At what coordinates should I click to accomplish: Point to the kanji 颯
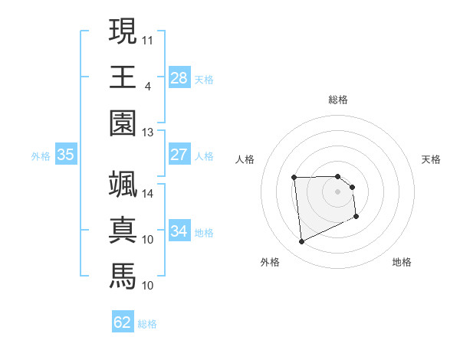[123, 184]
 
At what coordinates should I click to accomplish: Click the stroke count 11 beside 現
[148, 38]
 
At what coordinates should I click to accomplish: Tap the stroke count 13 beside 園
[148, 133]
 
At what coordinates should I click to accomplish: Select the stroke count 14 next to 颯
[148, 194]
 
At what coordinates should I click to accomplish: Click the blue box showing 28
[179, 77]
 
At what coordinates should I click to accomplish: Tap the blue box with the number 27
[179, 155]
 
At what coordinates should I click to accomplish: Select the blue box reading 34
[179, 231]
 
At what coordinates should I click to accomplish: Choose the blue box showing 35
[66, 155]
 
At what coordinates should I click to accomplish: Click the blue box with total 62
[123, 322]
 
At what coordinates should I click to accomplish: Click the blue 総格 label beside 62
[148, 324]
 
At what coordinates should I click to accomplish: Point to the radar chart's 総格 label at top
[338, 100]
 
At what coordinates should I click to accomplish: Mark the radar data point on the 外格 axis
[301, 242]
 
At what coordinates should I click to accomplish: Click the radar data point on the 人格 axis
[294, 178]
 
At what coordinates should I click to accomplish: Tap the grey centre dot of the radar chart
[338, 191]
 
